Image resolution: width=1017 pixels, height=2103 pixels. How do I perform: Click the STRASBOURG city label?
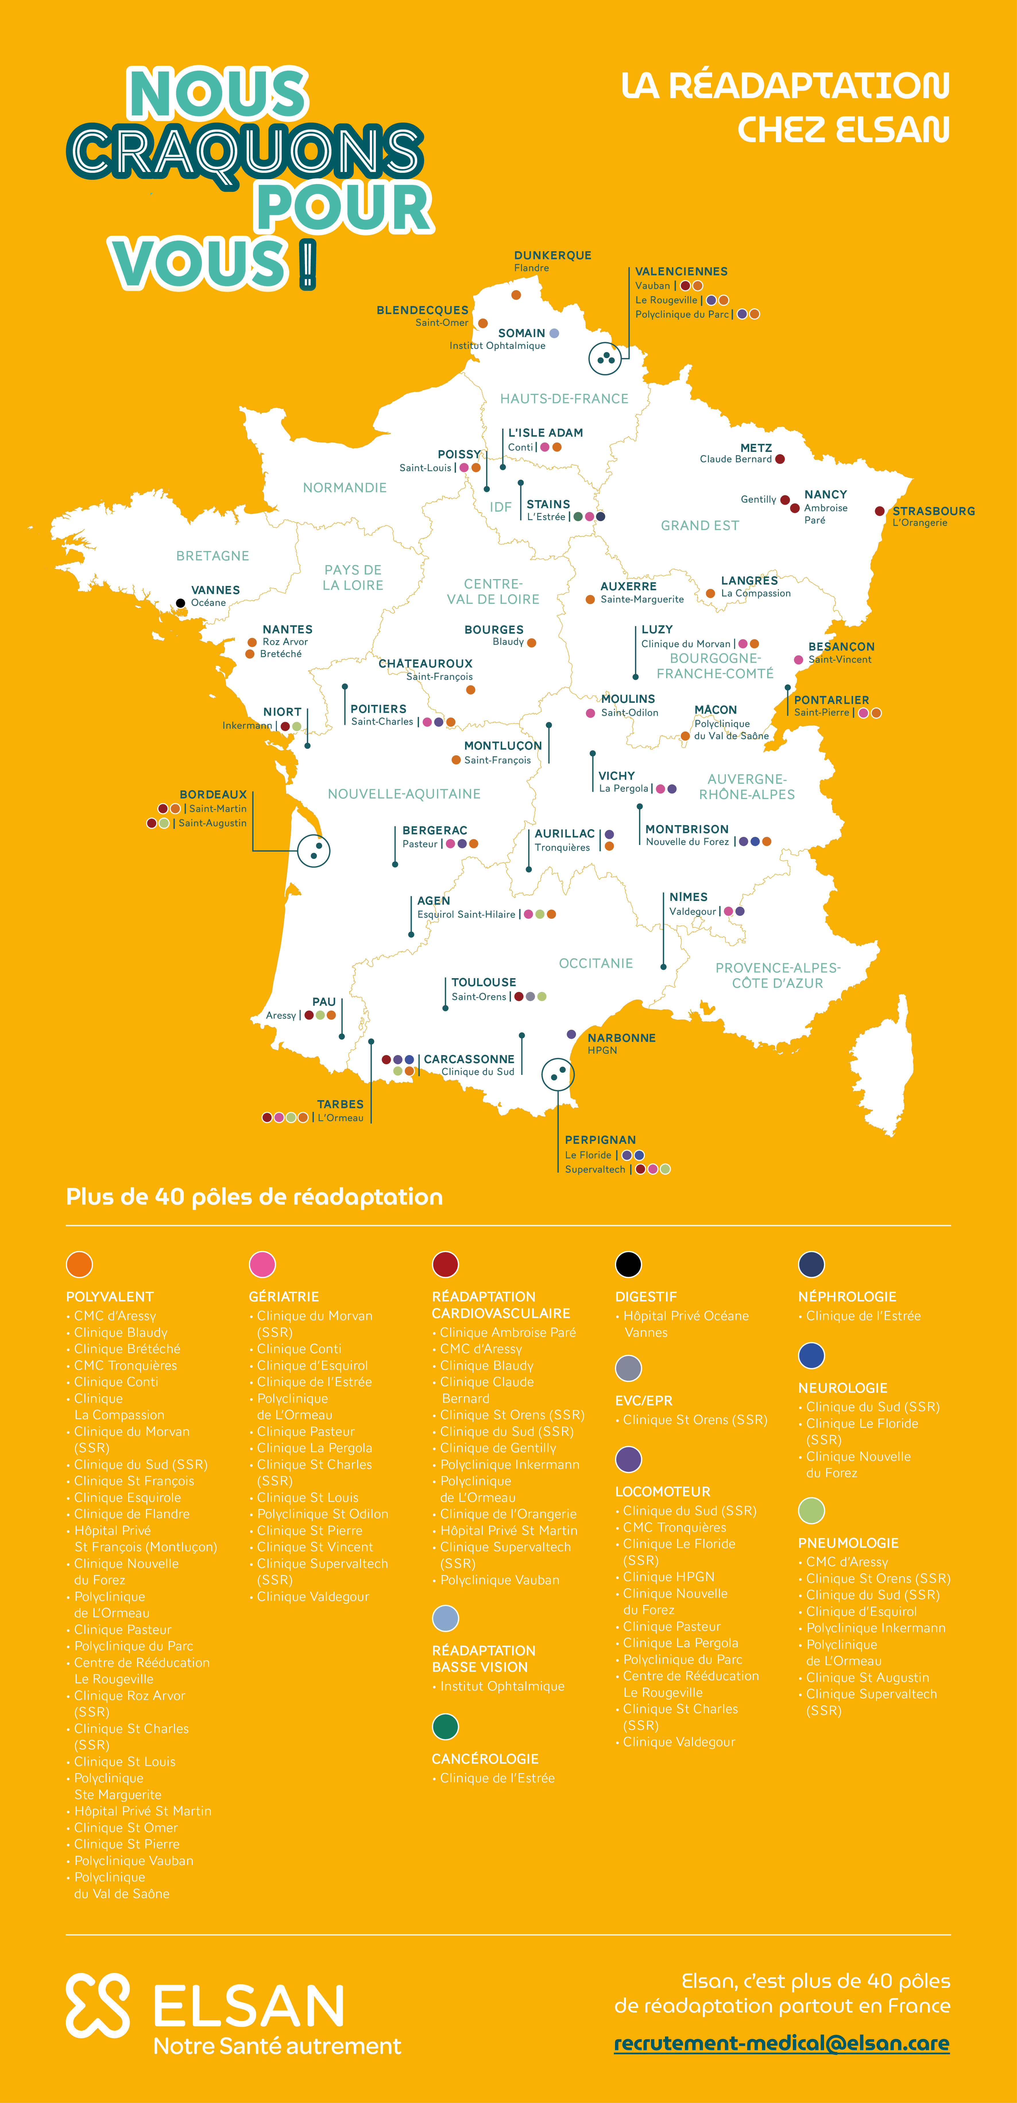933,511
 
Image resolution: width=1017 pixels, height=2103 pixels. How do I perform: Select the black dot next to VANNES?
180,603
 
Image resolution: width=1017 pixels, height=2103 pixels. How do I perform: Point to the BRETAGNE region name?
212,556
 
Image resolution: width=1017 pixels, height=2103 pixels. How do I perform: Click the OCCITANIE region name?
596,963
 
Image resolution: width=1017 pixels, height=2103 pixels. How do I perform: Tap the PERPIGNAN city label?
600,1140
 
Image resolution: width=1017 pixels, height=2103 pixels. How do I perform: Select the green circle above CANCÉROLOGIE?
445,1727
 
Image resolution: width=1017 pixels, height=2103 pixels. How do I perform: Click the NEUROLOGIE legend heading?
842,1388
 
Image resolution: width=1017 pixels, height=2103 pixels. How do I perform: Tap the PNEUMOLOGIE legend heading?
848,1543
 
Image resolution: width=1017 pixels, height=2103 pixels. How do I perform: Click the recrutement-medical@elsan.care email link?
781,2043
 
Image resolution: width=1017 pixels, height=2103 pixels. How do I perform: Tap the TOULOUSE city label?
483,982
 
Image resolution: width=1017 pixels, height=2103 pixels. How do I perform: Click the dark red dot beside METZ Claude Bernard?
780,459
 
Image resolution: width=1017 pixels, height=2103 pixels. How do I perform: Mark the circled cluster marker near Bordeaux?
314,851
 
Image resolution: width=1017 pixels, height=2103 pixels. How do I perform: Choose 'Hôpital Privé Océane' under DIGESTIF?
686,1316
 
